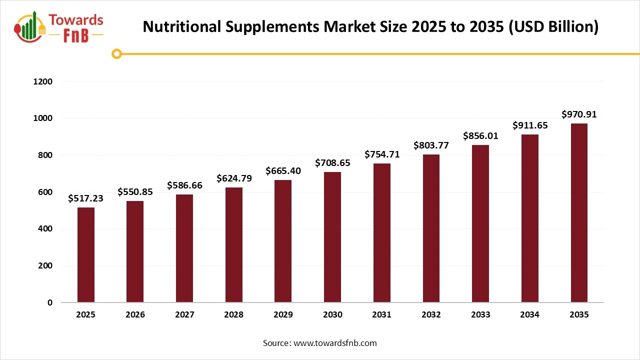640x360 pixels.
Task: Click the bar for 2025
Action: (x=85, y=255)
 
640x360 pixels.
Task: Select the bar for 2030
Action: (x=332, y=237)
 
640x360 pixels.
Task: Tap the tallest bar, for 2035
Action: (x=579, y=213)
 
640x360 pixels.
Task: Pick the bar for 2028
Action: (x=233, y=245)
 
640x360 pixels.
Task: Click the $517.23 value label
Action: (x=85, y=198)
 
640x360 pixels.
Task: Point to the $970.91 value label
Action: (x=579, y=114)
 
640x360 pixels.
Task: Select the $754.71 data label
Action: (x=382, y=154)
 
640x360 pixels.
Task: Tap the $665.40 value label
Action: (x=283, y=171)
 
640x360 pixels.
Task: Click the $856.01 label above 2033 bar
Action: (x=480, y=136)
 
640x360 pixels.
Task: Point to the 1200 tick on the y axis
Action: (x=42, y=81)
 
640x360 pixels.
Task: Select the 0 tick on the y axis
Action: (x=49, y=302)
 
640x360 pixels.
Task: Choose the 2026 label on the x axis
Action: (x=135, y=315)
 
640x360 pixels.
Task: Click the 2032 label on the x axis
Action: (x=431, y=315)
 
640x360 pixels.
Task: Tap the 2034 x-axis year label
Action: (x=529, y=315)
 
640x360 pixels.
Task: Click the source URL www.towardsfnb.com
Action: (x=335, y=343)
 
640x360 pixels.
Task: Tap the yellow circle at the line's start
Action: (x=116, y=54)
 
